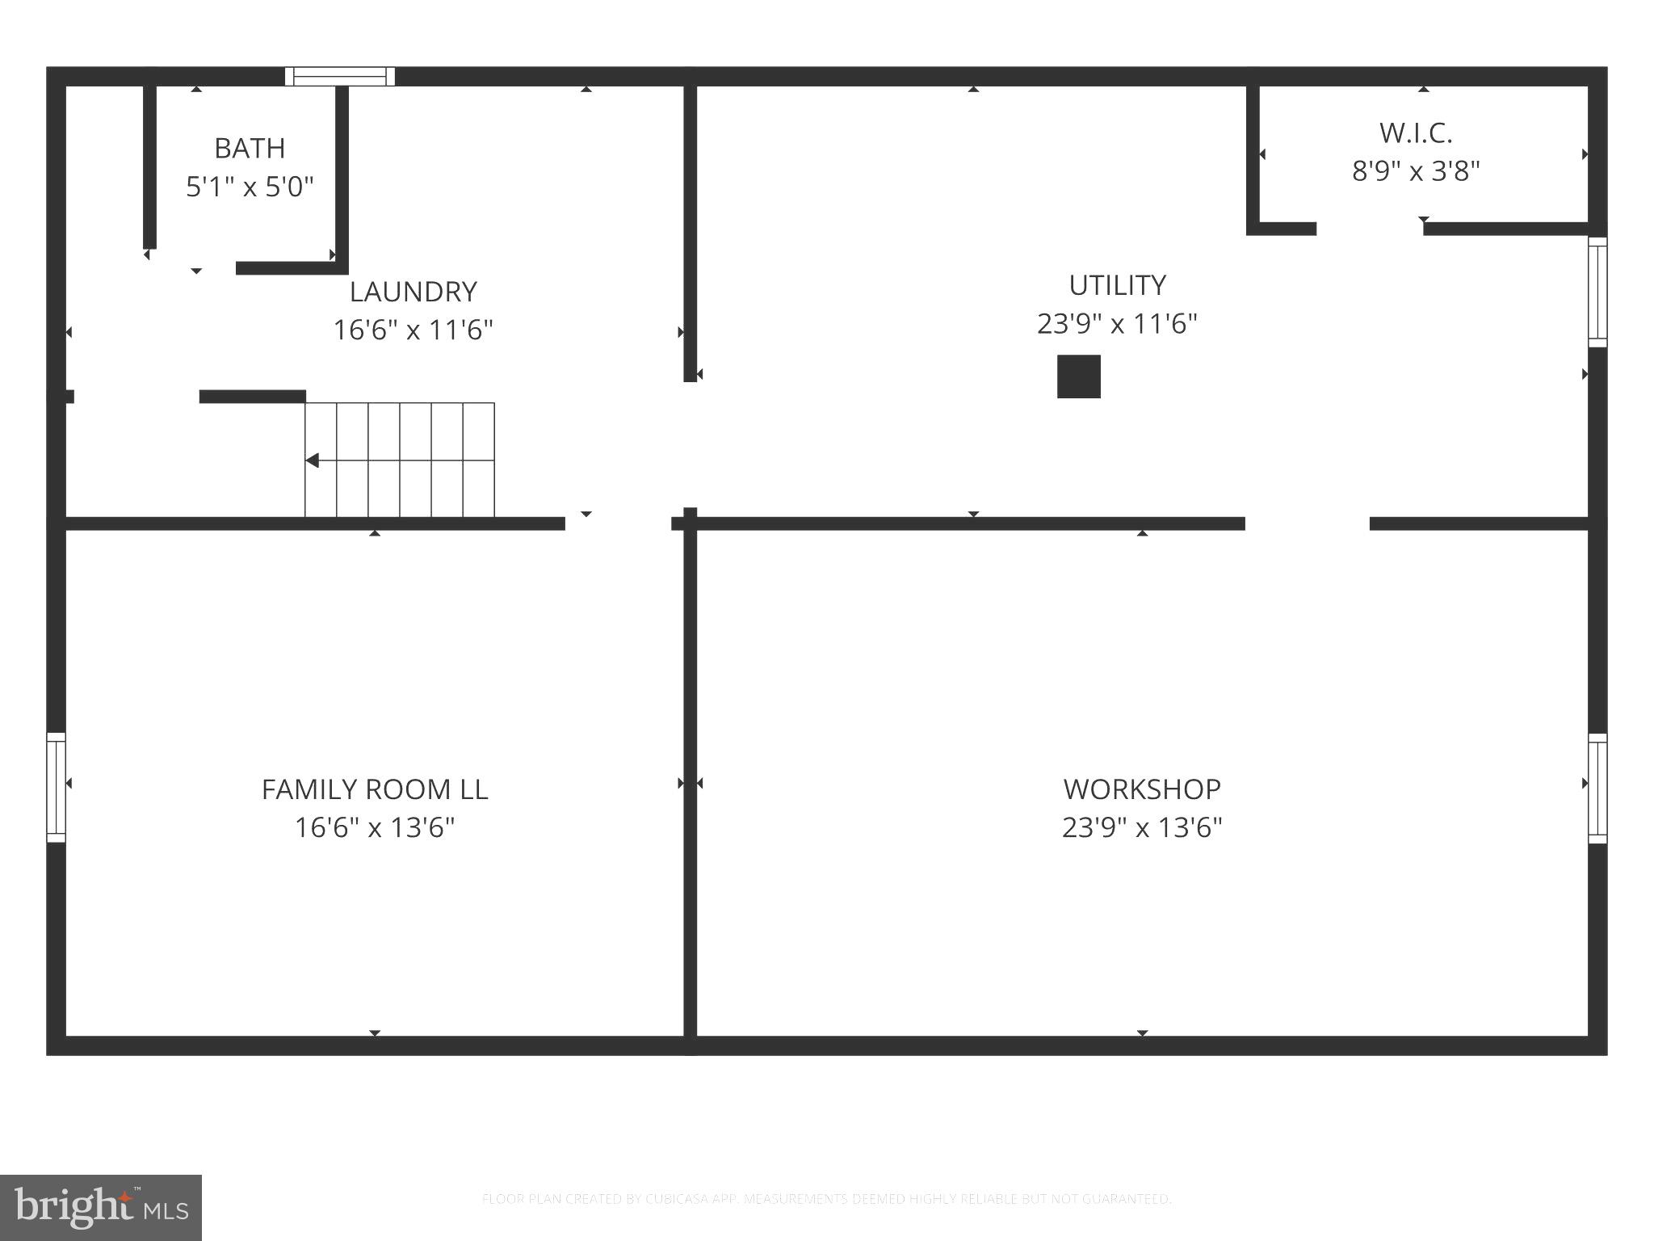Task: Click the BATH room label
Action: pos(250,149)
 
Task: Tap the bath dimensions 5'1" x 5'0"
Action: pos(250,187)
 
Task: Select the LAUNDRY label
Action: pos(413,292)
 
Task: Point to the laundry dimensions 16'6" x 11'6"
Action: pos(413,330)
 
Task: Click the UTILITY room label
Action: pos(1117,285)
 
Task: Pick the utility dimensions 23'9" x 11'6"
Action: pos(1117,324)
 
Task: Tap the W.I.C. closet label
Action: pos(1416,133)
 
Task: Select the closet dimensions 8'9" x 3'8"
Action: pos(1416,171)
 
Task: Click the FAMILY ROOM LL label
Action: pos(375,789)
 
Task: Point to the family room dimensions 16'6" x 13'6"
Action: pos(375,828)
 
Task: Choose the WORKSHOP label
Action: pos(1142,789)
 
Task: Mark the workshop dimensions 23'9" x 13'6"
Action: pos(1142,828)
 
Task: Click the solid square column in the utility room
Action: pos(1079,377)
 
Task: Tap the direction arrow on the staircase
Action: pos(313,461)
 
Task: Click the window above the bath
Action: pos(340,77)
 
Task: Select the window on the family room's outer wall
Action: pos(56,788)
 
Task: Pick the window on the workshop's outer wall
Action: pos(1597,789)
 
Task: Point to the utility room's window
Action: pos(1597,292)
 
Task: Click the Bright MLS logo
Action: pos(101,1207)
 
